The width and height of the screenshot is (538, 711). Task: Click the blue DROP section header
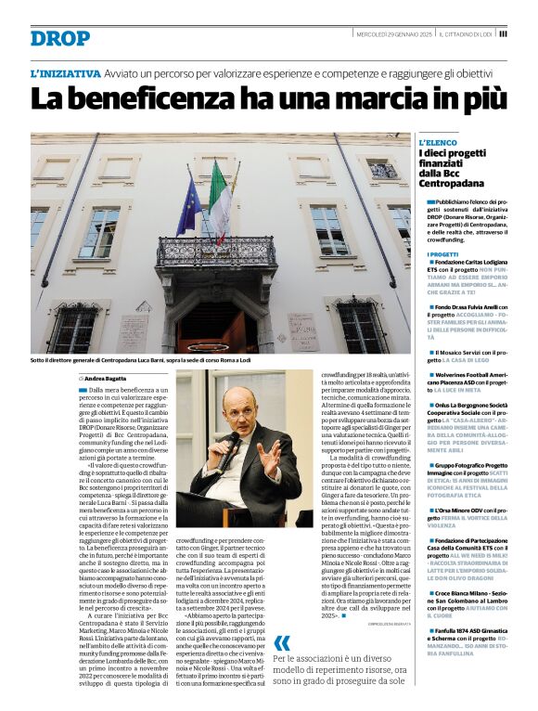(x=60, y=38)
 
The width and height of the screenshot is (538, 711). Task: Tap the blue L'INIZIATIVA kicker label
(x=65, y=72)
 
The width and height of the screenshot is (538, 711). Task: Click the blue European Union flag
(x=189, y=207)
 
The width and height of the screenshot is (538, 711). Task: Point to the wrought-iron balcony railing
(x=215, y=251)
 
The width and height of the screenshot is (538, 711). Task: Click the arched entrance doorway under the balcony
(x=216, y=320)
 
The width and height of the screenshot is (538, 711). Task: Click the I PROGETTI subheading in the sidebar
(x=442, y=253)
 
